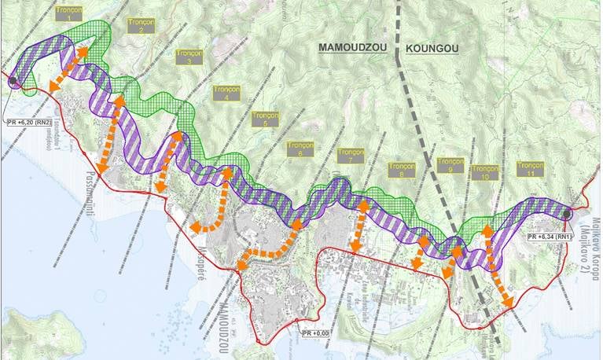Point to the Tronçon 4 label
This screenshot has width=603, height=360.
tap(226, 92)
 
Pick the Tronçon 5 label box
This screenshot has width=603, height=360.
tap(265, 119)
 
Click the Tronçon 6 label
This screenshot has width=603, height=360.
tap(300, 149)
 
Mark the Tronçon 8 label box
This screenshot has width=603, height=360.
tap(402, 171)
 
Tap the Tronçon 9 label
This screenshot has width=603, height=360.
tap(450, 165)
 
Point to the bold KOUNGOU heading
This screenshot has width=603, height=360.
tap(432, 49)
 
